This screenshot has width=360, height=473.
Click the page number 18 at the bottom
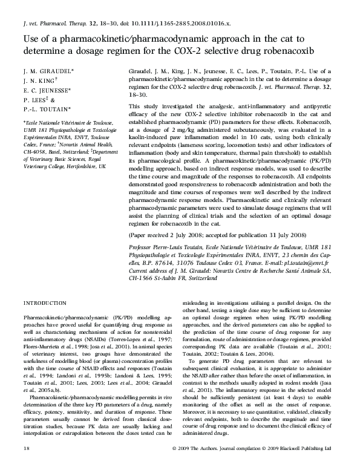tap(26, 466)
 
